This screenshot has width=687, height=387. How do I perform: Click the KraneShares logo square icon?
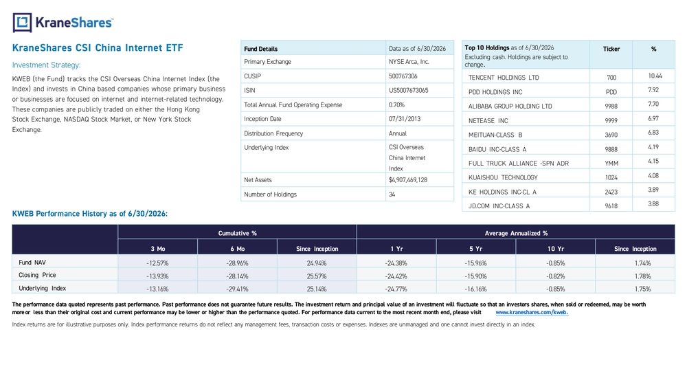[x=23, y=23]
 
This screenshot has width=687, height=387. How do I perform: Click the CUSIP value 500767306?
[x=403, y=76]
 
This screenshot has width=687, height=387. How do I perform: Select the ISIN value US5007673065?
[x=408, y=90]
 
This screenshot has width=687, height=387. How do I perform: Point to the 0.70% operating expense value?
[x=396, y=104]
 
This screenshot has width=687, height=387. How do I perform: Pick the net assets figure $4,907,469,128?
[x=408, y=179]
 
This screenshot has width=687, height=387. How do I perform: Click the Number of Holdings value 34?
[x=392, y=194]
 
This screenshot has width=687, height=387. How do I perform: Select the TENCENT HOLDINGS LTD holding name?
[x=504, y=78]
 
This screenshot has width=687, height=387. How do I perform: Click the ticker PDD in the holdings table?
[x=611, y=92]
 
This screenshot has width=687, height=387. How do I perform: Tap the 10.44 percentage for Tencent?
[x=655, y=76]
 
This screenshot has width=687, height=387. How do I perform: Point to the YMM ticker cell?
[x=611, y=164]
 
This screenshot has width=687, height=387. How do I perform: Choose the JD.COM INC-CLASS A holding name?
[x=499, y=206]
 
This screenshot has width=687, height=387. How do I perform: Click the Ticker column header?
[x=611, y=49]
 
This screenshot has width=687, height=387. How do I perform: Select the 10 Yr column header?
[x=556, y=249]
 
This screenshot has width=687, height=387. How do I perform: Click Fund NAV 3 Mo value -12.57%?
[x=157, y=263]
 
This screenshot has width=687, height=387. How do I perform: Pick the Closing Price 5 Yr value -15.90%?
[x=476, y=276]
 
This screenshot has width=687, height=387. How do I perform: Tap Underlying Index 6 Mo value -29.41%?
[x=237, y=289]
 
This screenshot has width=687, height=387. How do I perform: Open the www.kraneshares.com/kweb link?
[x=532, y=313]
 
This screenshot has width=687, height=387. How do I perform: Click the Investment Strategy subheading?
[x=47, y=65]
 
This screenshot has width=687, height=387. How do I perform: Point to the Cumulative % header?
[x=238, y=233]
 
